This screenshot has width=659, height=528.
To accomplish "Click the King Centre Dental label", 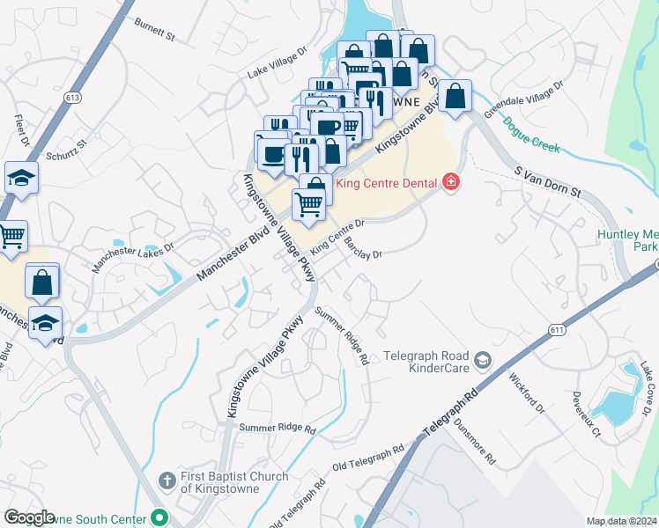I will point(386,182).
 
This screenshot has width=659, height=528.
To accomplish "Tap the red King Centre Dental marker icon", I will point(451,182).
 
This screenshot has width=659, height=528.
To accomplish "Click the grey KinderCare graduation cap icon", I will point(482,360).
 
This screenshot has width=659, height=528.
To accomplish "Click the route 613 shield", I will point(73,96).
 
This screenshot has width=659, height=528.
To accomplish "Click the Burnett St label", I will point(155,31).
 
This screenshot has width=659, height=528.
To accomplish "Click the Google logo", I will point(28,518).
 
